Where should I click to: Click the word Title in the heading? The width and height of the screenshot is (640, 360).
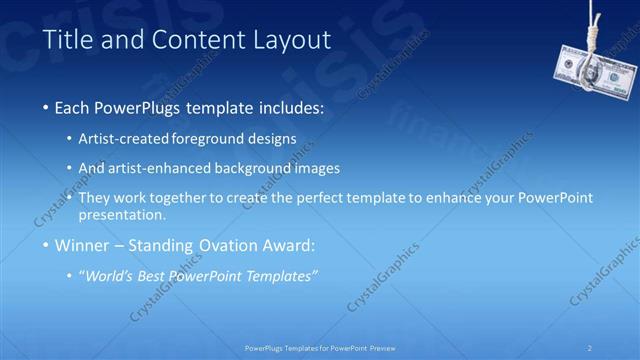(x=67, y=41)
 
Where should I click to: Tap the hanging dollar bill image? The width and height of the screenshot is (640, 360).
(x=594, y=72)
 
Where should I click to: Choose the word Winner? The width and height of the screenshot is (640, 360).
(x=81, y=245)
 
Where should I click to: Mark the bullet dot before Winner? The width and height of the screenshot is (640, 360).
(x=46, y=246)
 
